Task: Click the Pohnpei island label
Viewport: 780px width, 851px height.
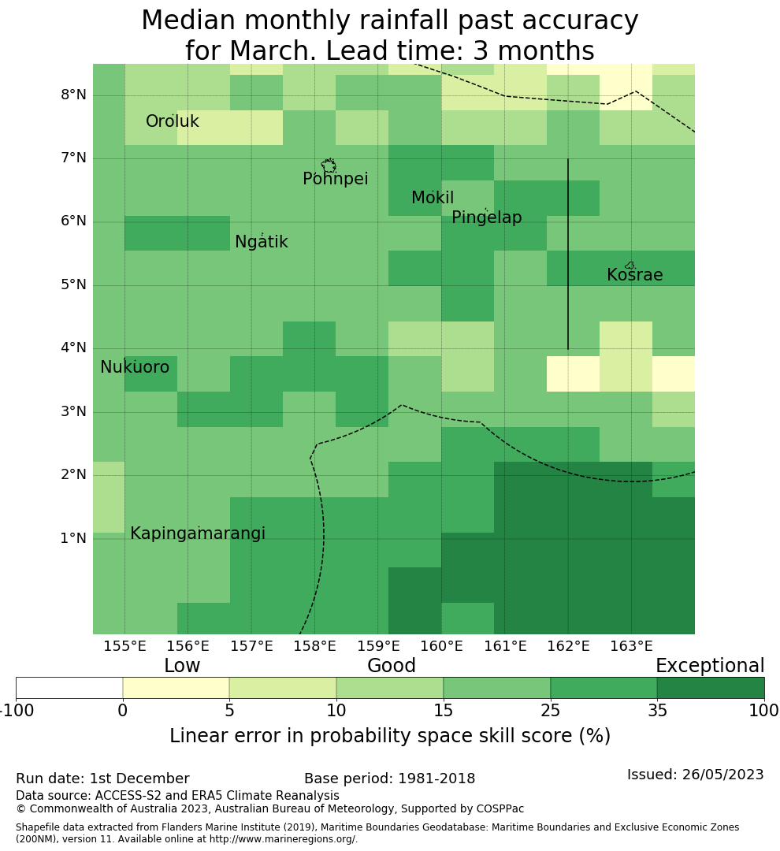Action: coord(335,180)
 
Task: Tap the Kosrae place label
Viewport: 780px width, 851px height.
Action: coord(634,276)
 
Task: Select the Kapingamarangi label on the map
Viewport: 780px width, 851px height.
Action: coord(197,534)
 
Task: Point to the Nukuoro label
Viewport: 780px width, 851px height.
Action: coord(135,368)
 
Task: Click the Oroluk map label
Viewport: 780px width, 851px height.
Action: coord(172,122)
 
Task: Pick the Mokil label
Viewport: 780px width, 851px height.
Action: coord(433,199)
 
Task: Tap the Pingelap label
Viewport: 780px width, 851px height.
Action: coord(486,218)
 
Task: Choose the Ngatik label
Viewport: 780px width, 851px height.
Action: coord(261,243)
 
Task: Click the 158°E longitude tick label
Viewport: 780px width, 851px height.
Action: coord(314,647)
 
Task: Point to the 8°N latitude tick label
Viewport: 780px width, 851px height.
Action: coord(73,95)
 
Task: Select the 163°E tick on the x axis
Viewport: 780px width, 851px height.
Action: coord(631,647)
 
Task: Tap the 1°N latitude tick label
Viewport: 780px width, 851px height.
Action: coord(73,539)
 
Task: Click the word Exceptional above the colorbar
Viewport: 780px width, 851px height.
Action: coord(710,667)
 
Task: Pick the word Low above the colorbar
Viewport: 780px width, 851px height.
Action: coord(182,667)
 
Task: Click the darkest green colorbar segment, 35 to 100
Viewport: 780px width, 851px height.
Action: coord(710,688)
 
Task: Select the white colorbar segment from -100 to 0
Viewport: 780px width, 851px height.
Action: coord(69,688)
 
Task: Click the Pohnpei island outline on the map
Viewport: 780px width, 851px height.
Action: coord(329,165)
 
